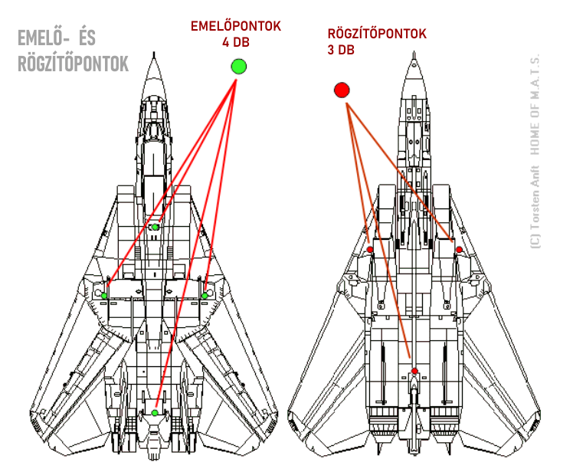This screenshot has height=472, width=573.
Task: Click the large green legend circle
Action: click(238, 67)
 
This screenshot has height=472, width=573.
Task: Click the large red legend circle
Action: click(342, 90)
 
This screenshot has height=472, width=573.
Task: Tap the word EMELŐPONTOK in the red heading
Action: click(236, 26)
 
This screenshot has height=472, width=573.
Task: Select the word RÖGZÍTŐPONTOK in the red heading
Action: click(377, 34)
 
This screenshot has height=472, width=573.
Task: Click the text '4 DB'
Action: click(236, 41)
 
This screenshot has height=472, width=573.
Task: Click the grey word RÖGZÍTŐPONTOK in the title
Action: click(73, 65)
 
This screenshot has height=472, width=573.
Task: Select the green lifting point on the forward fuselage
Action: click(155, 227)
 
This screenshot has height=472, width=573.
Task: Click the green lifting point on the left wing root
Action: click(105, 295)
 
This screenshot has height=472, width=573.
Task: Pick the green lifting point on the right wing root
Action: click(205, 295)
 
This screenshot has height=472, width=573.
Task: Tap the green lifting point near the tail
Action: click(155, 413)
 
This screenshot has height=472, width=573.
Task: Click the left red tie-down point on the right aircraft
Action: click(370, 250)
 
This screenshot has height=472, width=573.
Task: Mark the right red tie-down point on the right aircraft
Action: click(459, 250)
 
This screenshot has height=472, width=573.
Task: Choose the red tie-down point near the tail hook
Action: click(414, 372)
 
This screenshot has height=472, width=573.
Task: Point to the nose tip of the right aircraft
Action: click(414, 57)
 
